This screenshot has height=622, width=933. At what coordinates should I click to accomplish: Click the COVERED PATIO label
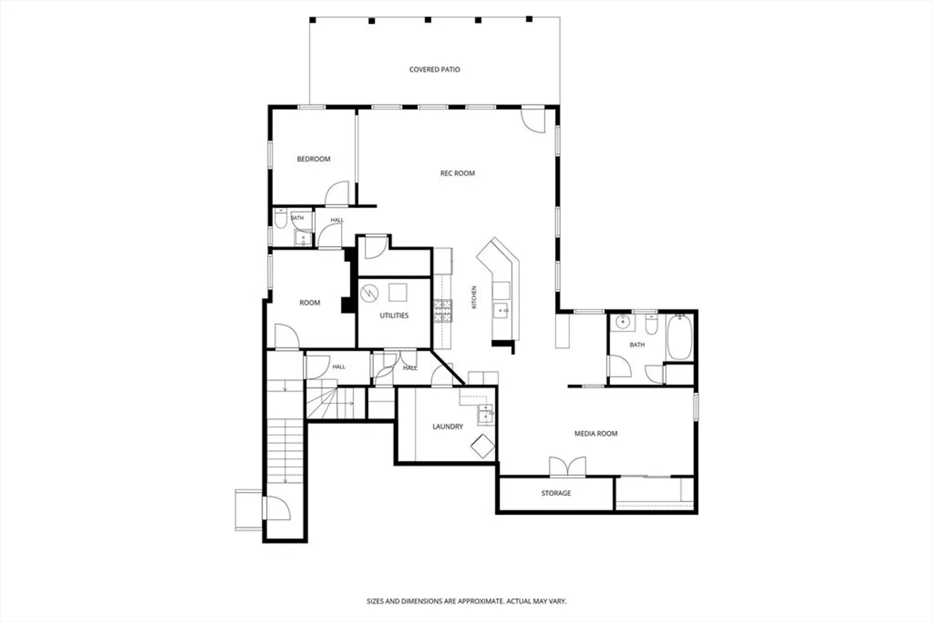435,70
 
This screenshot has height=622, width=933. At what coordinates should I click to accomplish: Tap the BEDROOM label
313,159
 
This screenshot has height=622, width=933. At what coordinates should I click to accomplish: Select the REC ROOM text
458,173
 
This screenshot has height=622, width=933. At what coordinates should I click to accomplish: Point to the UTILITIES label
394,316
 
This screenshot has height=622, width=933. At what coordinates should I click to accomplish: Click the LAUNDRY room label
447,426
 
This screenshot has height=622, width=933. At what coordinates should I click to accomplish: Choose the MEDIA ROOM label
596,434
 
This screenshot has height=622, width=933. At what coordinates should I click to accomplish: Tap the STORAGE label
556,493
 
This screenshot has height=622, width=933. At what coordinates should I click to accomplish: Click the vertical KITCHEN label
474,297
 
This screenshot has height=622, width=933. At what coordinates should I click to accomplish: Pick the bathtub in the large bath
679,337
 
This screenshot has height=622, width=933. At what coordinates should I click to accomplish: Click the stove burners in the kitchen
443,311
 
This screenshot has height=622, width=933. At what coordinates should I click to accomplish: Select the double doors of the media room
567,466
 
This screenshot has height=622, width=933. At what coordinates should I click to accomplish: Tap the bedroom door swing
337,193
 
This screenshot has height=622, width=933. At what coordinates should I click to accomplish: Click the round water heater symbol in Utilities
369,294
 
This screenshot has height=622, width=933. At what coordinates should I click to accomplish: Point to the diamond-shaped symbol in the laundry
482,446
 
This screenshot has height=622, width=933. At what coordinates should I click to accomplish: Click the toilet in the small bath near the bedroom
281,219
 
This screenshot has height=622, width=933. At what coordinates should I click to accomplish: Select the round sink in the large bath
623,322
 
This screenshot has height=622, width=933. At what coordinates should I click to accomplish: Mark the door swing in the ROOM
287,336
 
